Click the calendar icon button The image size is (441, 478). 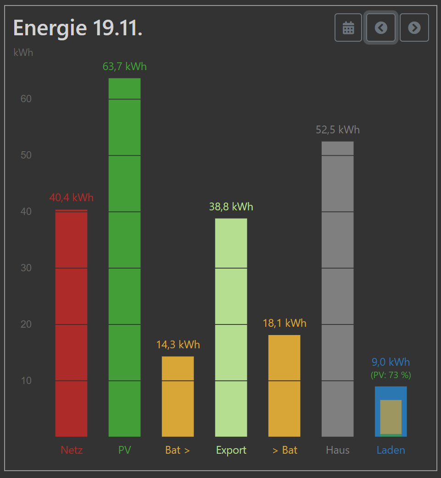point(348,28)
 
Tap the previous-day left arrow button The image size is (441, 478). point(381,28)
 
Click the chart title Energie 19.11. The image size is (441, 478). point(78,28)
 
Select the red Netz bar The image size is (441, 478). point(71,323)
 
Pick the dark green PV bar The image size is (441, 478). point(124,257)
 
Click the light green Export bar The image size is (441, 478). point(231,327)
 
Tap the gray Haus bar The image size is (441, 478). point(337,289)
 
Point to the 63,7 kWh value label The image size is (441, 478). point(124,67)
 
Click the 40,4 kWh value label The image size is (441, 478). point(71,198)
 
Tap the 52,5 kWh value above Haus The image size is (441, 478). point(337,130)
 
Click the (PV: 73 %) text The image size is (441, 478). point(391,375)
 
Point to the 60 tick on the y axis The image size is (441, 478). point(26,99)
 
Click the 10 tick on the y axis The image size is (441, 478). point(26,381)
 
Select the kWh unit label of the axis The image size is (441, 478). point(23,53)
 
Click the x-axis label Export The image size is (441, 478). point(231,451)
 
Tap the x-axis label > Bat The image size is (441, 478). point(285,451)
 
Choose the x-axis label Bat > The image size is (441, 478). point(178,451)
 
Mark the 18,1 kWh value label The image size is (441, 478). point(285,324)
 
